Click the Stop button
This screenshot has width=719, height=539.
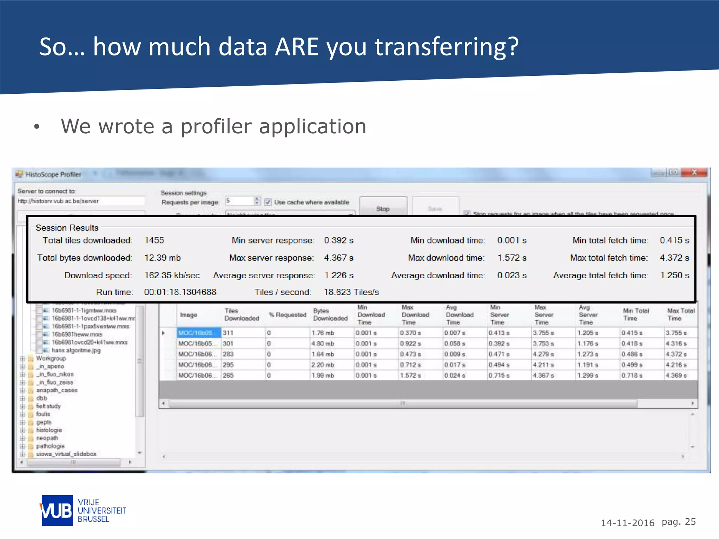[x=383, y=208]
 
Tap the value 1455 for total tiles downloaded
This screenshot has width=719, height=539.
[x=154, y=240]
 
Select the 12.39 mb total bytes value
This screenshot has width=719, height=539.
[x=163, y=258]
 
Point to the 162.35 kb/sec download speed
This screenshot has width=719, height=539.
[x=172, y=275]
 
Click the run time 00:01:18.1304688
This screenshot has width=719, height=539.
[x=180, y=292]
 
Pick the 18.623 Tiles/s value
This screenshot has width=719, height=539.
[x=351, y=292]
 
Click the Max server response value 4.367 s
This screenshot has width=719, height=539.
[x=338, y=258]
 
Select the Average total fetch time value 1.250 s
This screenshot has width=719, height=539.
[x=674, y=275]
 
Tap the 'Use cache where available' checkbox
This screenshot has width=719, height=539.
[x=268, y=202]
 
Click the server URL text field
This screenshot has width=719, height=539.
[x=81, y=201]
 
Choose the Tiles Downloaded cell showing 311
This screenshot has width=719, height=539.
[x=228, y=333]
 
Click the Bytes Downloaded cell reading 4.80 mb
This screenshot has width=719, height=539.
[x=323, y=344]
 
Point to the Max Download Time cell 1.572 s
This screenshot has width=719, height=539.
[x=410, y=375]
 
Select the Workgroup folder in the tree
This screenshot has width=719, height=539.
[x=51, y=358]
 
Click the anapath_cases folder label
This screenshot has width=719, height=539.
[x=57, y=390]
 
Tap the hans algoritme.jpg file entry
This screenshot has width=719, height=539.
[x=76, y=350]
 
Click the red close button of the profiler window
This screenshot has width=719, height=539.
[x=694, y=172]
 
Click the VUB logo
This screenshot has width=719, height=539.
[x=57, y=511]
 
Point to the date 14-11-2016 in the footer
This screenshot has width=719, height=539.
[x=627, y=523]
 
